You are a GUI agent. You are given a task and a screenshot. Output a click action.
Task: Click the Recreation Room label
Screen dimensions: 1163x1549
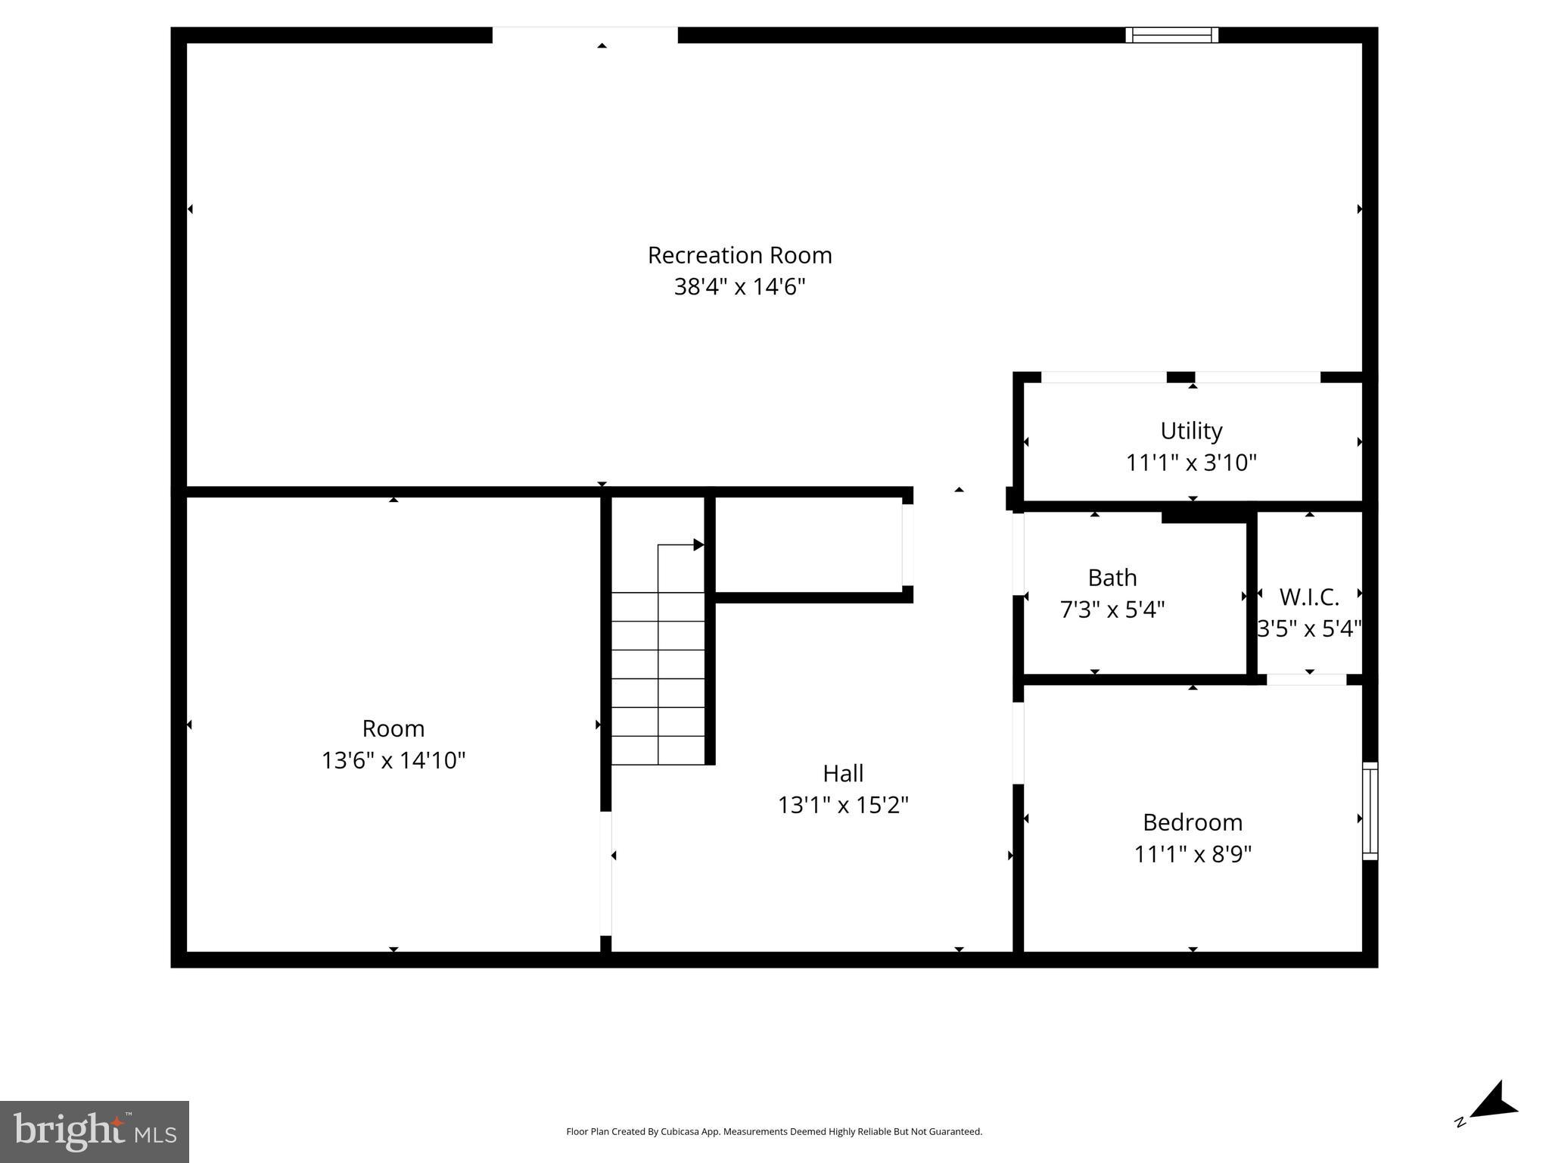(739, 255)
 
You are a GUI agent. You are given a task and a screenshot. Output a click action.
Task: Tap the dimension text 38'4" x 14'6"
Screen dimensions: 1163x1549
(739, 287)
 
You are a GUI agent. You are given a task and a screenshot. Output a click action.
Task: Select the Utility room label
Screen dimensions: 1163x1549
(1191, 431)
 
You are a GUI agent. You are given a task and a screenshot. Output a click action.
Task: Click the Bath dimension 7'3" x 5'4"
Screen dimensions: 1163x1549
(1112, 610)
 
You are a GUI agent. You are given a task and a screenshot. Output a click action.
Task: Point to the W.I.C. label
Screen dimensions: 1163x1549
(1309, 597)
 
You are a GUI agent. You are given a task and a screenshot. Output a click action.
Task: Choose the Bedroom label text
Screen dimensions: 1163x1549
(1192, 822)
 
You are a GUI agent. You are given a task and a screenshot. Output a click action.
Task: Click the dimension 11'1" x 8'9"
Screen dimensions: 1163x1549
(1192, 854)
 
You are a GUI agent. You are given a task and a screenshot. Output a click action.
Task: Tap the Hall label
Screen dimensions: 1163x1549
(843, 773)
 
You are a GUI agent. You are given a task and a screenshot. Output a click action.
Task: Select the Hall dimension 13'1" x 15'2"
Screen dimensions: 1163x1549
(843, 805)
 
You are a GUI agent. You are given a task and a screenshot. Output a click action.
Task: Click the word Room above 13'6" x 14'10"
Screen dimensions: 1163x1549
(393, 728)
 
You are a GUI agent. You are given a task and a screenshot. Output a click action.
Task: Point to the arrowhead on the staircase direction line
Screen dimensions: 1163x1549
(698, 544)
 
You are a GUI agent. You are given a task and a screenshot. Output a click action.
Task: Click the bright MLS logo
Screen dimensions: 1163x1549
(95, 1131)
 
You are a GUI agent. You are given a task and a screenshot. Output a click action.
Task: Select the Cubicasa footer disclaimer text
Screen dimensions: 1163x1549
(773, 1132)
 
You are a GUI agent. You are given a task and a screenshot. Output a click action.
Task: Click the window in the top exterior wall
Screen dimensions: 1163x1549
(1171, 35)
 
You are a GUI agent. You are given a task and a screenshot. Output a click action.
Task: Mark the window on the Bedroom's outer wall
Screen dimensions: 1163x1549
(1370, 811)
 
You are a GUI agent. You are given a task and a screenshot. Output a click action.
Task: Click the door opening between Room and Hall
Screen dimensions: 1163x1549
(605, 873)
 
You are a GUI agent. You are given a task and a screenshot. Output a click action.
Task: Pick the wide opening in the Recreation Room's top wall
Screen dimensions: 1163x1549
(585, 35)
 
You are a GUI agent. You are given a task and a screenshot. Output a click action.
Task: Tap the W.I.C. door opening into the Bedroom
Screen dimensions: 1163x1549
(1306, 680)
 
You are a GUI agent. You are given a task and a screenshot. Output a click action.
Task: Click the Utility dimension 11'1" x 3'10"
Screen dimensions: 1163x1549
(1191, 463)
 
